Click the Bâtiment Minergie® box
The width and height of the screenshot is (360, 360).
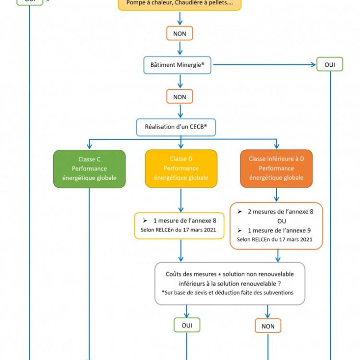click(177, 65)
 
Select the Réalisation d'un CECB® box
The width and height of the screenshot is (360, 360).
click(176, 127)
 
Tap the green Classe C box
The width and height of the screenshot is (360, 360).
click(89, 168)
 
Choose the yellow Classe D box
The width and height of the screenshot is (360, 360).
click(181, 168)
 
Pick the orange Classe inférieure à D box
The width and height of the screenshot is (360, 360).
click(276, 168)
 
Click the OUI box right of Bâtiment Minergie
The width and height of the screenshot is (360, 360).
click(330, 64)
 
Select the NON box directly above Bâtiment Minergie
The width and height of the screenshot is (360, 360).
click(180, 34)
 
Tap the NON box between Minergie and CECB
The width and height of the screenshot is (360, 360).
click(180, 96)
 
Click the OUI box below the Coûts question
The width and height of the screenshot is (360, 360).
click(187, 325)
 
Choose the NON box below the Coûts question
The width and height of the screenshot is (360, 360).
click(268, 326)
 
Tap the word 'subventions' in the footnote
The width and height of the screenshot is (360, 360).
click(278, 293)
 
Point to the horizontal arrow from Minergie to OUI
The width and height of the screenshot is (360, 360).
click(264, 65)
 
